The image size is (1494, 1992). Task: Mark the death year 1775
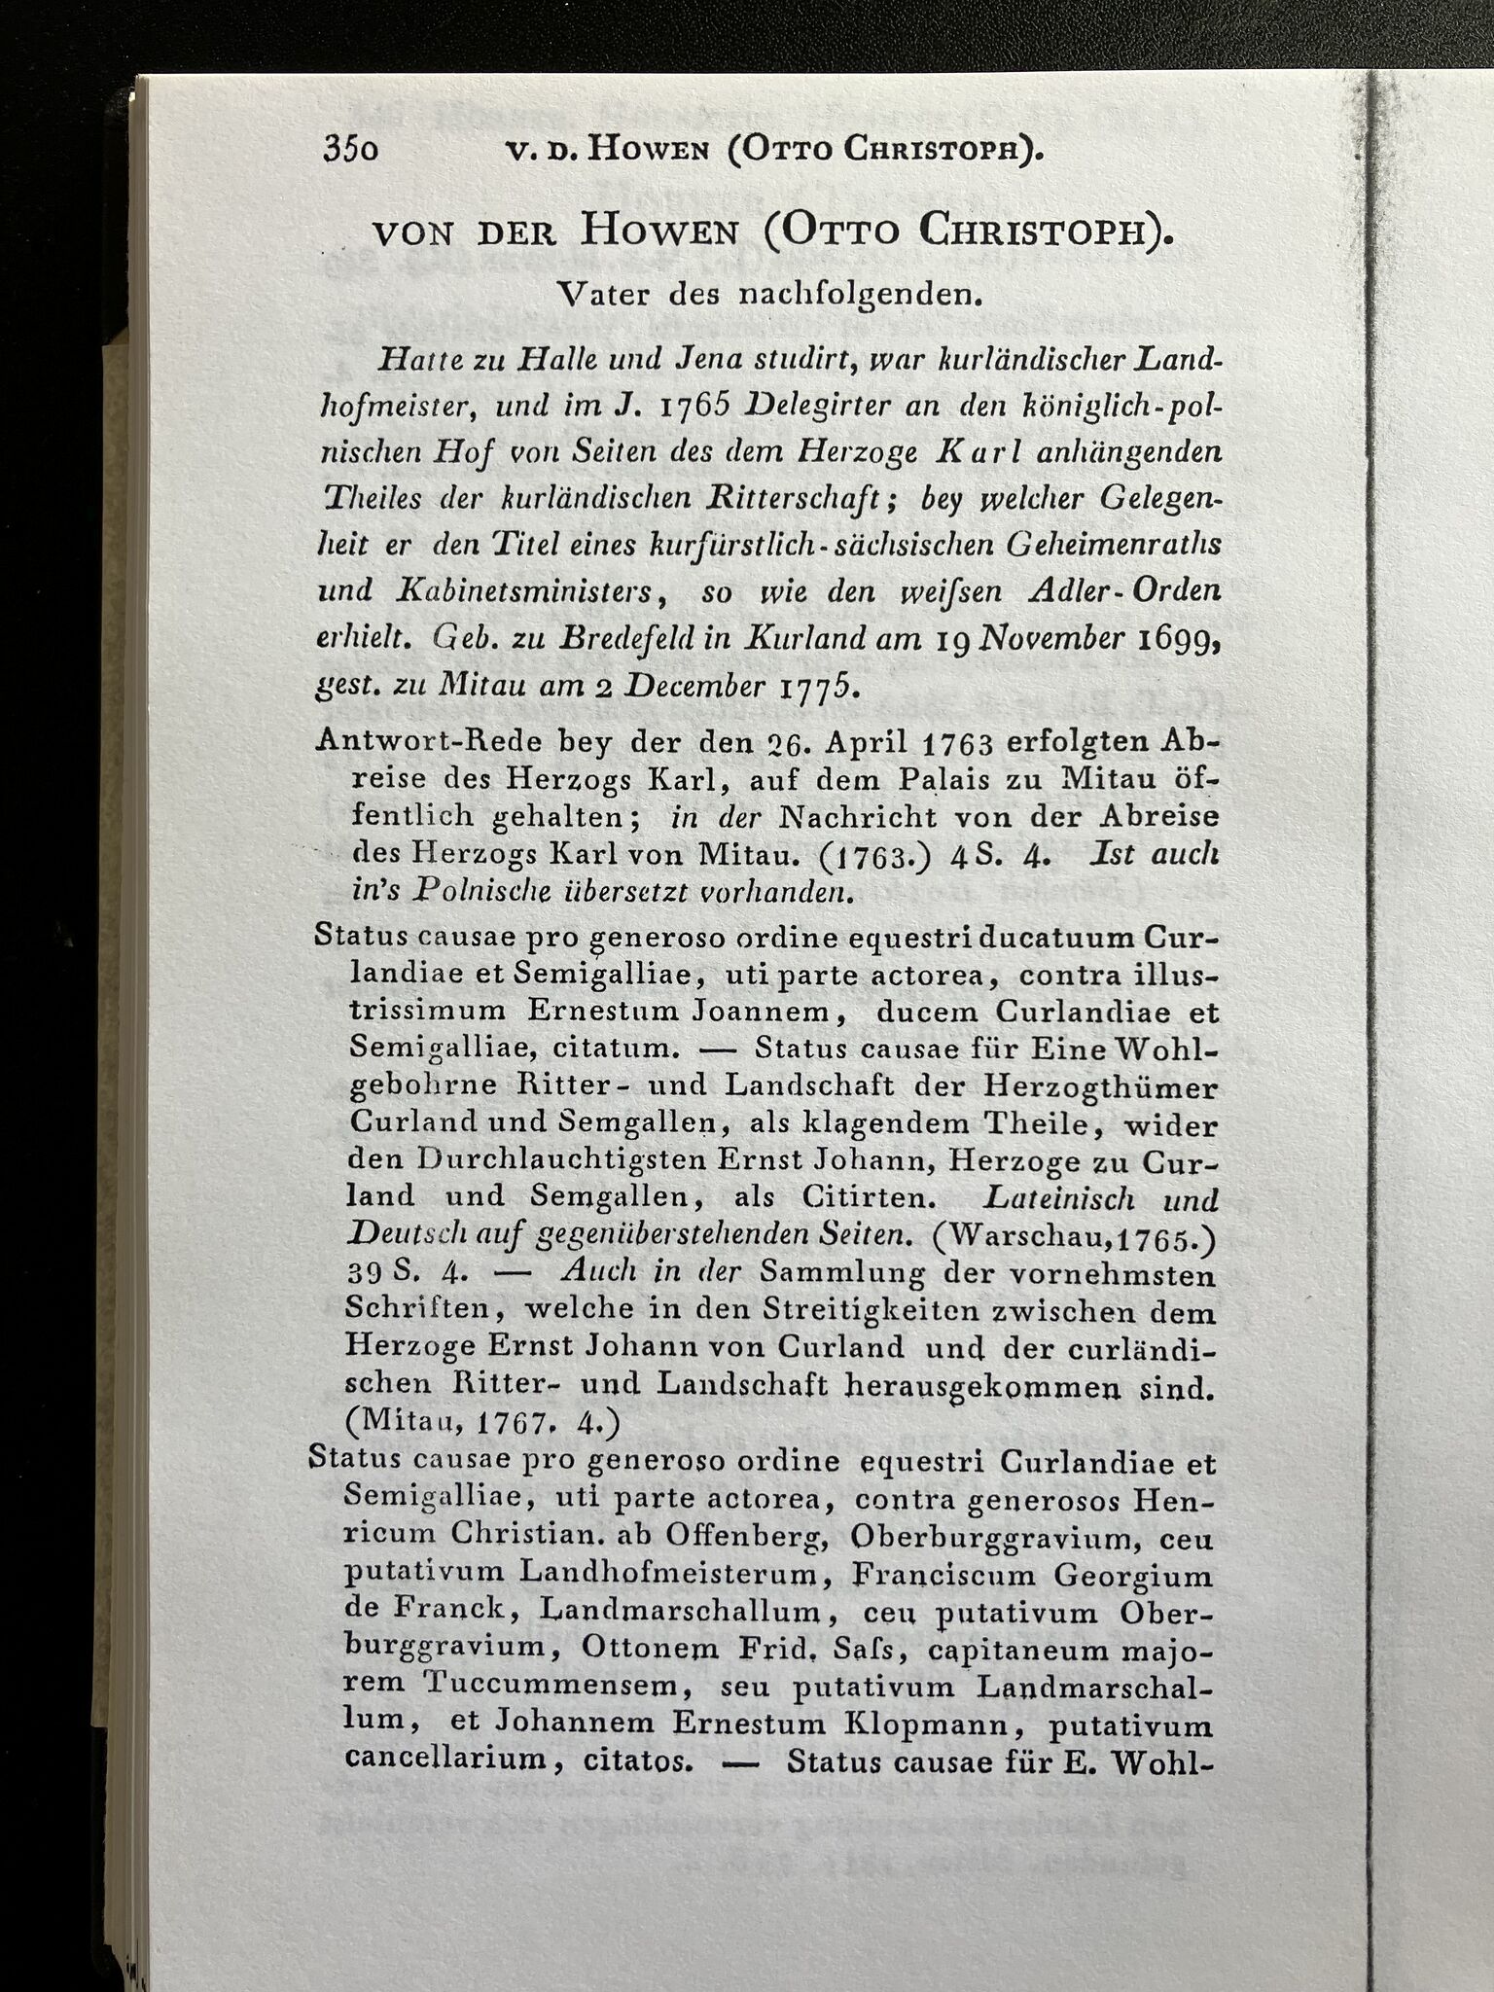coord(819,688)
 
